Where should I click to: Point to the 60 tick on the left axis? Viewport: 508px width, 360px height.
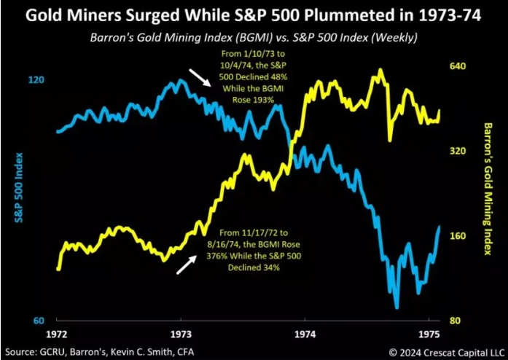pos(33,321)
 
